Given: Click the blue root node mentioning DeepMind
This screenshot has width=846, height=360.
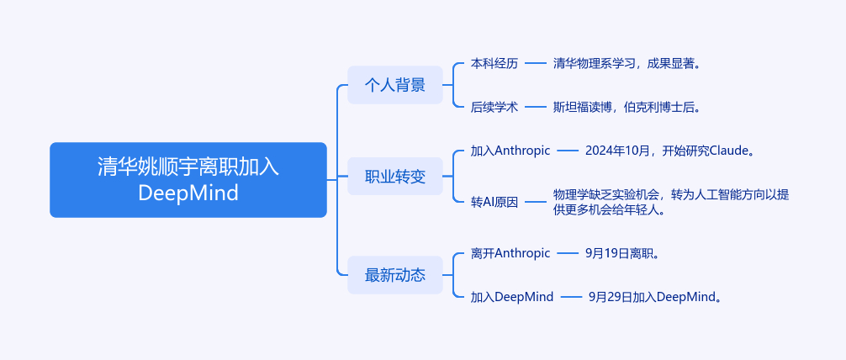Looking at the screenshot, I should click(188, 179).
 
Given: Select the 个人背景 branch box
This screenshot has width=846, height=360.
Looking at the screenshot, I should click(394, 85).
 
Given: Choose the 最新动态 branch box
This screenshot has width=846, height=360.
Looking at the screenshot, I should click(394, 274).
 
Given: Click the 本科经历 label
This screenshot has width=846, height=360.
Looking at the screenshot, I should click(494, 63).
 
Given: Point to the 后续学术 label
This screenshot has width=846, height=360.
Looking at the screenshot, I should click(494, 107).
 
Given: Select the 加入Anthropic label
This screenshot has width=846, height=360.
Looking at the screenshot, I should click(510, 151).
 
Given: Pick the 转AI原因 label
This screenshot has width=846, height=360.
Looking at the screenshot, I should click(494, 202).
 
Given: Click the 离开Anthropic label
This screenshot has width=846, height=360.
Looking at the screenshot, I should click(510, 252).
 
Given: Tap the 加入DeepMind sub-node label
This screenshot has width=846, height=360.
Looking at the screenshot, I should click(512, 296).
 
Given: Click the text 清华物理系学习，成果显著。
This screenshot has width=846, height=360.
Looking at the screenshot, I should click(627, 63).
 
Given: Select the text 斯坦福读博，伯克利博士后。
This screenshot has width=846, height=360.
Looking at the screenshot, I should click(627, 107).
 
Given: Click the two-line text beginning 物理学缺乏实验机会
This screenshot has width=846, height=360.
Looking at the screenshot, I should click(670, 202).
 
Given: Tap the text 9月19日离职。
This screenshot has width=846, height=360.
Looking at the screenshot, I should click(621, 252).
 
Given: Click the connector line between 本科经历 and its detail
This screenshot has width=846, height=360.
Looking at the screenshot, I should click(536, 63).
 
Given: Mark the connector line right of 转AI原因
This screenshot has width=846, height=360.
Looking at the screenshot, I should click(536, 202).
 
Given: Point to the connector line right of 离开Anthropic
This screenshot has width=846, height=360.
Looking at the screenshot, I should click(568, 252).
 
